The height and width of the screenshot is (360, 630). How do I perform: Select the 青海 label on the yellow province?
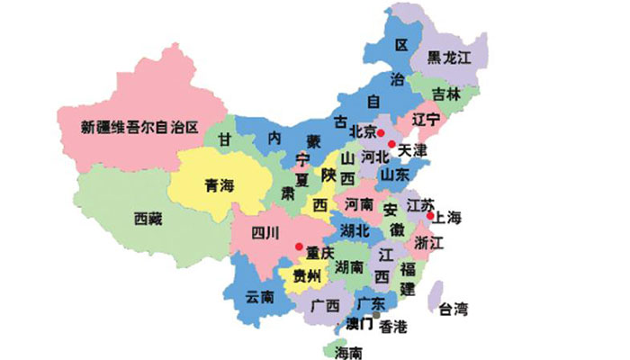219,186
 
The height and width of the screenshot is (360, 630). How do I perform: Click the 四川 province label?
265,235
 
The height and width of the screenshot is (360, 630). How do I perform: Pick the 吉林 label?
445,93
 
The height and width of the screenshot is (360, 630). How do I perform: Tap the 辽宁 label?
426,119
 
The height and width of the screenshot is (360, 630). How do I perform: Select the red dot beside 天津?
391,143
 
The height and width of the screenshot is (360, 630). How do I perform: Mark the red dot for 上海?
431,216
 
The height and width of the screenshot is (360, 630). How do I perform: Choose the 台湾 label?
453,310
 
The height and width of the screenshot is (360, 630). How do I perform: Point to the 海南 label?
347,350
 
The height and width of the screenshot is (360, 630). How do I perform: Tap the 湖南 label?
349,266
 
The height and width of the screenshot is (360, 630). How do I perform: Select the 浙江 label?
429,244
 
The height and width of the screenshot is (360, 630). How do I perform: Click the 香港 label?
393,325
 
